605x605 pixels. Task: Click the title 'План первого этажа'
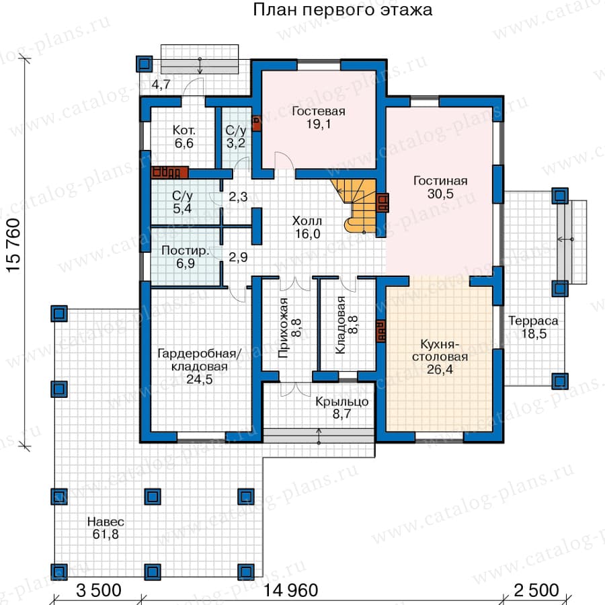342,10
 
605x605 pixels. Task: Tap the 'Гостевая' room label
319,111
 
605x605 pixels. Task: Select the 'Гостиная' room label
440,181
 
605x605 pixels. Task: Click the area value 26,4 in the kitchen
440,370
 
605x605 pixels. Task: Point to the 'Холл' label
307,221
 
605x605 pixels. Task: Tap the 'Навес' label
106,522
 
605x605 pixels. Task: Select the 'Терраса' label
533,321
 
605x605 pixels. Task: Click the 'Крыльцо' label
342,402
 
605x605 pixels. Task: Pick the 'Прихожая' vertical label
284,328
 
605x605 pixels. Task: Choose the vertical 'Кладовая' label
340,325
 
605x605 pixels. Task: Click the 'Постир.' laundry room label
186,251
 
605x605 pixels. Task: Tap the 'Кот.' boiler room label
184,130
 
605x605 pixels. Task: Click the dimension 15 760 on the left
13,246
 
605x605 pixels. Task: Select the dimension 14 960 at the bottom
291,590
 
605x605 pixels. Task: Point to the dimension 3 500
99,590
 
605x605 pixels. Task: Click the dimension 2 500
536,590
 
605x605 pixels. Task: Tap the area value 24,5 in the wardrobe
200,380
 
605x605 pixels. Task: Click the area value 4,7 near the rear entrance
161,85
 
